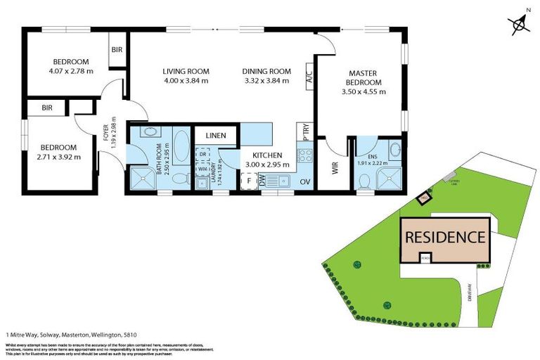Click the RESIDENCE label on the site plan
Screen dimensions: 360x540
point(444,237)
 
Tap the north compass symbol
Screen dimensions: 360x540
point(520,25)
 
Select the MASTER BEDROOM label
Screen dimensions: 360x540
point(363,77)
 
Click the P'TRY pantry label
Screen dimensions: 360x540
point(306,134)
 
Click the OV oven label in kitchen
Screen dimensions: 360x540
point(305,181)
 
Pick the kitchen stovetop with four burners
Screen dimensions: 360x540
point(304,155)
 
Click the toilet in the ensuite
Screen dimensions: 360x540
point(364,181)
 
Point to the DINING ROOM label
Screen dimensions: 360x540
point(266,71)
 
